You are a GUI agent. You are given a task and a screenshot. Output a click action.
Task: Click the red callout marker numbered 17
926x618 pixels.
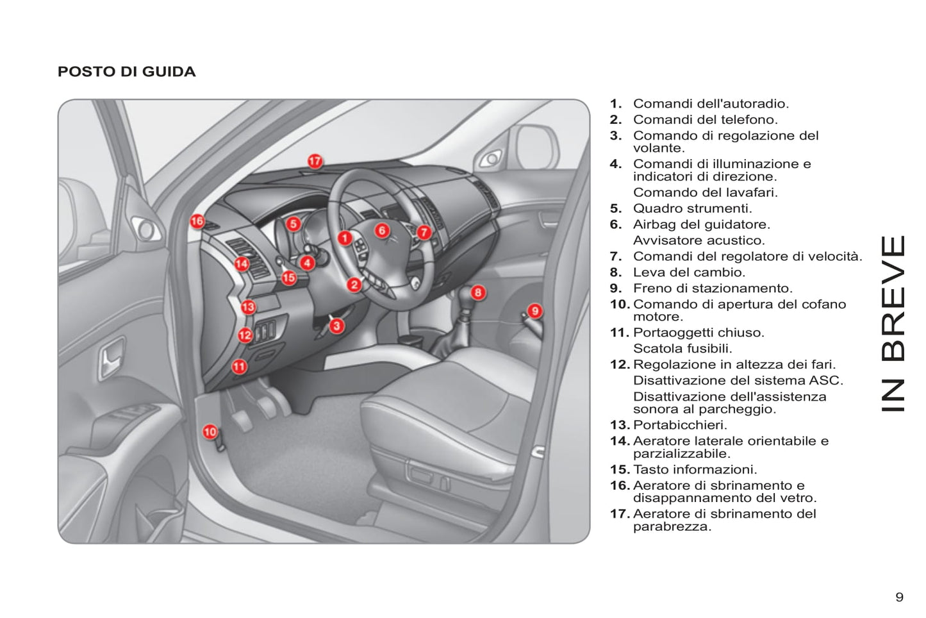[x=315, y=161]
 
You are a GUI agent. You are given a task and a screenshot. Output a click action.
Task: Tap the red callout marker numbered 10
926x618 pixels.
[x=210, y=431]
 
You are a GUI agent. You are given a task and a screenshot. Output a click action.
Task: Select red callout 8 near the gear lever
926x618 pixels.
[x=478, y=293]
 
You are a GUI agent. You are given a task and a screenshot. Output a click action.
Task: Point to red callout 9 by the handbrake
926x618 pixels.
[x=535, y=311]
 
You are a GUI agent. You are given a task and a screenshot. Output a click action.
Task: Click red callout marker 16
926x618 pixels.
[x=197, y=221]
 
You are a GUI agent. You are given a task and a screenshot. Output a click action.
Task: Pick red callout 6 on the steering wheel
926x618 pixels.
[x=382, y=230]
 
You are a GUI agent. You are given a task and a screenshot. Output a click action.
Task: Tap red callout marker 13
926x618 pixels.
[x=248, y=307]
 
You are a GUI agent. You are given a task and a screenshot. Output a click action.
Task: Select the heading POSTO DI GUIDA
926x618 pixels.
[x=126, y=72]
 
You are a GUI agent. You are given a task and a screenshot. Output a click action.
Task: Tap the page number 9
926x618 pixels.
[x=899, y=597]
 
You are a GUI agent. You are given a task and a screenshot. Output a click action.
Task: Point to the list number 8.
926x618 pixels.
[x=615, y=272]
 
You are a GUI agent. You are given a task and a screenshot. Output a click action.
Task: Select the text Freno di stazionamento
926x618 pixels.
[x=712, y=288]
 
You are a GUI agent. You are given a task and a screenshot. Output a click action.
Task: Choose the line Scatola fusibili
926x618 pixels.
[x=682, y=349]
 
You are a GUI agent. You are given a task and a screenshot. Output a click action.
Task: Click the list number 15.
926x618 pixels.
[x=619, y=470]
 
